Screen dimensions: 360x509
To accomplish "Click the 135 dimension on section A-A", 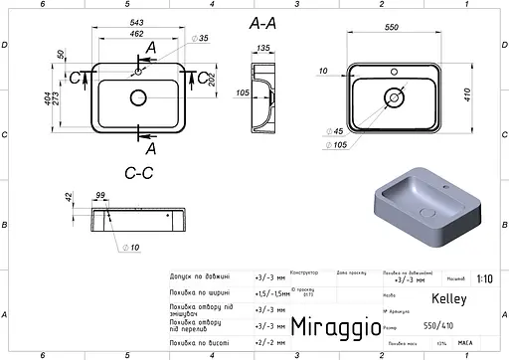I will pos(264,47).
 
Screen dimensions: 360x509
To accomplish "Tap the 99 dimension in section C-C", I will pos(99,197).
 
